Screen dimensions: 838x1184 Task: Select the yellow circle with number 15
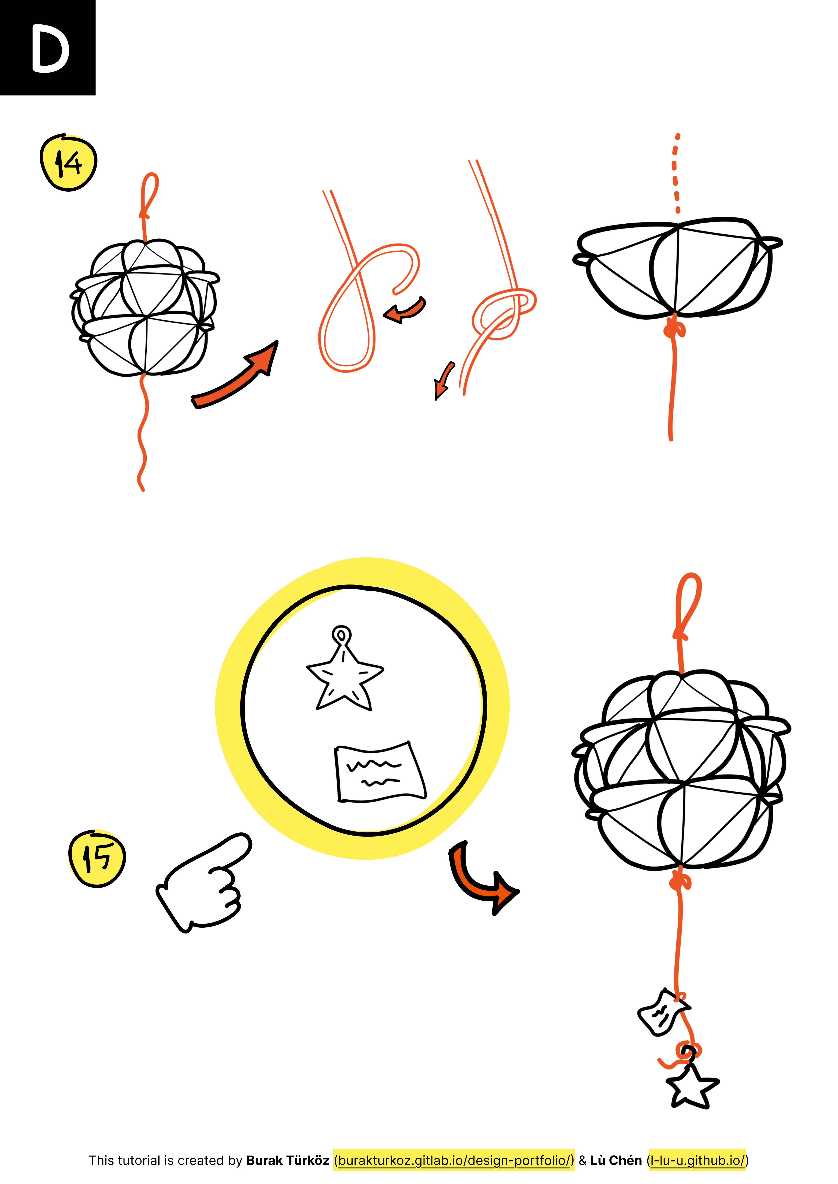(x=97, y=859)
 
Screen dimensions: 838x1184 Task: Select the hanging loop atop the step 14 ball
(x=149, y=196)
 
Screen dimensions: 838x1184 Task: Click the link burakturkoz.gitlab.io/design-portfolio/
(x=454, y=1160)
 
